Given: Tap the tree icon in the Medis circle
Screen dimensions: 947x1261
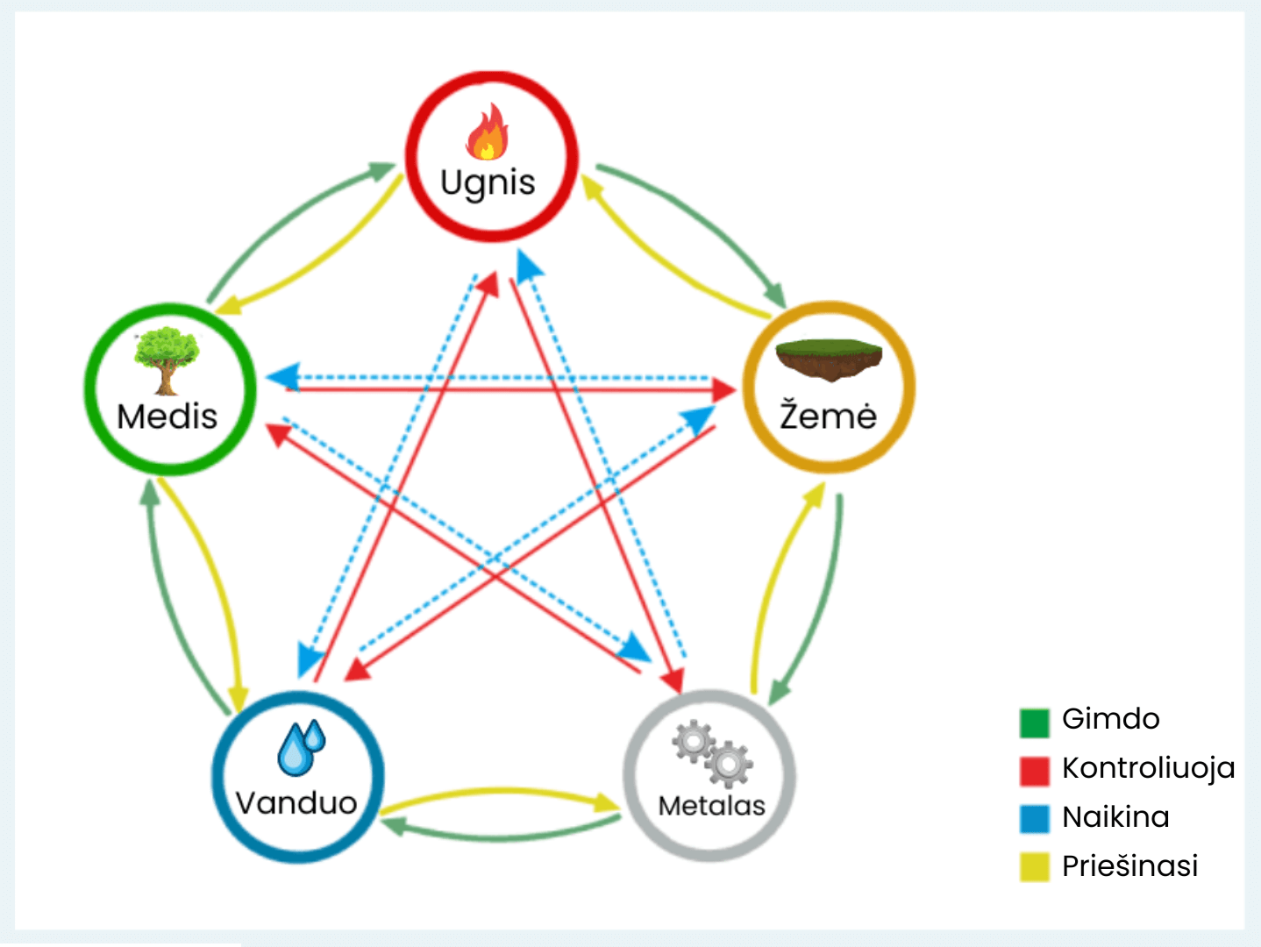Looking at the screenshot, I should pos(166,360).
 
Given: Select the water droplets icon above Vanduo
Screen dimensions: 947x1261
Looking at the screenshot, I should pos(301,747).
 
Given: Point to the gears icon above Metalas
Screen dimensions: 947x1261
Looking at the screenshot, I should pos(712,752).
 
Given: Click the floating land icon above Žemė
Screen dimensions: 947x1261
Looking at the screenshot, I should pos(829,360).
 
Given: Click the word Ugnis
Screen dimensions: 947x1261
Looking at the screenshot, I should pos(488,183).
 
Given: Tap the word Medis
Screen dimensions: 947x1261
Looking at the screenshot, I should pos(167,417).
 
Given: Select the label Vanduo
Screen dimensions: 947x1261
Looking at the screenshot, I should pos(296,802).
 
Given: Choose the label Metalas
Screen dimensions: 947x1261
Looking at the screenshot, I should pos(711,805).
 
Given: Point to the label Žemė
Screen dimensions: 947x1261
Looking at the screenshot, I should pos(829,416).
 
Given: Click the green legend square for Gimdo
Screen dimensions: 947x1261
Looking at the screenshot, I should pos(1035,723).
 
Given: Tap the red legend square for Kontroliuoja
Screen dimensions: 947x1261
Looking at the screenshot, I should pos(1035,771).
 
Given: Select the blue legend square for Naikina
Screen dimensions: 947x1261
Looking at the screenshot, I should pos(1035,818).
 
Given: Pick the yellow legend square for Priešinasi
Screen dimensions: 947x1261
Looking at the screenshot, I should pos(1035,866).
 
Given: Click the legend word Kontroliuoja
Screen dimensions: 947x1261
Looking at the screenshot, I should pos(1148,768).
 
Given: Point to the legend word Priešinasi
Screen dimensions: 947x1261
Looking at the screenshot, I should pos(1129,866).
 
